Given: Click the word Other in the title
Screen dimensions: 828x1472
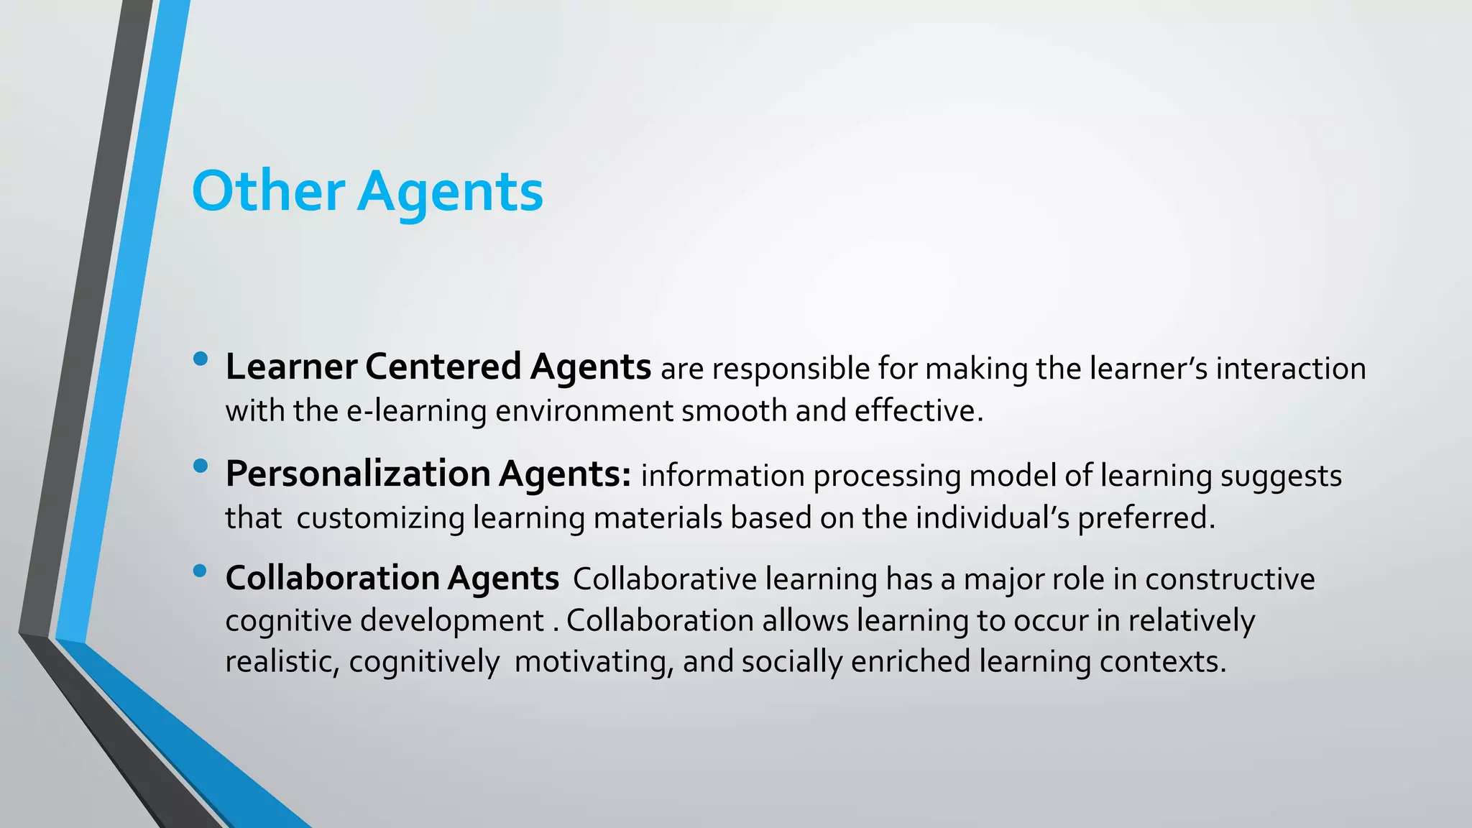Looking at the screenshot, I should click(268, 191).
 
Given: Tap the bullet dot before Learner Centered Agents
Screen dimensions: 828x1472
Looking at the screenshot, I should click(201, 358).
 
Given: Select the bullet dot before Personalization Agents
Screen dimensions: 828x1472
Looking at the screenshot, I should click(201, 466).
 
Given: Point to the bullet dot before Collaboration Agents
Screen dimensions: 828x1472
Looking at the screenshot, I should click(201, 571).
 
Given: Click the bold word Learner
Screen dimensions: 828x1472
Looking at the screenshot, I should click(291, 367).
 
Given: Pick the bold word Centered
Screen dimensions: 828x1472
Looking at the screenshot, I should click(443, 367).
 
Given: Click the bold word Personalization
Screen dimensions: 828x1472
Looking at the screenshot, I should click(357, 474).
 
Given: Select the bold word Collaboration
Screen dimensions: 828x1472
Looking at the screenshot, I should click(332, 579).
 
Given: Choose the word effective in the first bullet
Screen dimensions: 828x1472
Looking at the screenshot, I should click(918, 411).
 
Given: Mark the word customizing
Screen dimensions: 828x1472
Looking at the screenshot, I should click(380, 518).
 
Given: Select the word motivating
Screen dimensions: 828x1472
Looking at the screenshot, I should click(594, 662).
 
